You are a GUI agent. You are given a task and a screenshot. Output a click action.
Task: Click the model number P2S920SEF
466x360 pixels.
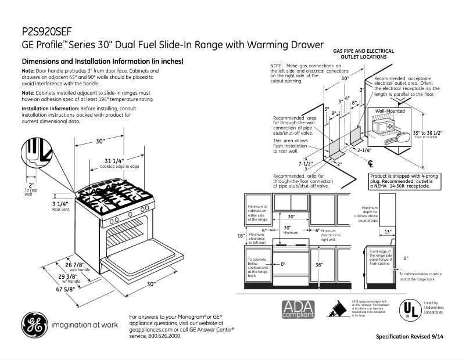click(x=46, y=30)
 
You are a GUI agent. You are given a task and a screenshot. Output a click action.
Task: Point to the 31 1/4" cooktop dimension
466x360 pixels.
click(x=114, y=161)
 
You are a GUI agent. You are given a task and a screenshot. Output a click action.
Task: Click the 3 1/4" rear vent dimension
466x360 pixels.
click(x=60, y=204)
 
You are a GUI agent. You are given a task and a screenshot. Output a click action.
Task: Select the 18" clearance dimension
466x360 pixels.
click(x=241, y=236)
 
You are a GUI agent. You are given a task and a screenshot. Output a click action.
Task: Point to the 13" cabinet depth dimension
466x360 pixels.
click(x=388, y=232)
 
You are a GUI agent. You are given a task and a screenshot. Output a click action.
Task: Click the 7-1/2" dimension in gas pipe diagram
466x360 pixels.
click(x=306, y=164)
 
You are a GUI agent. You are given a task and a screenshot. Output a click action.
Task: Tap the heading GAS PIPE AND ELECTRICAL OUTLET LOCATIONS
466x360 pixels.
click(x=364, y=54)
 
